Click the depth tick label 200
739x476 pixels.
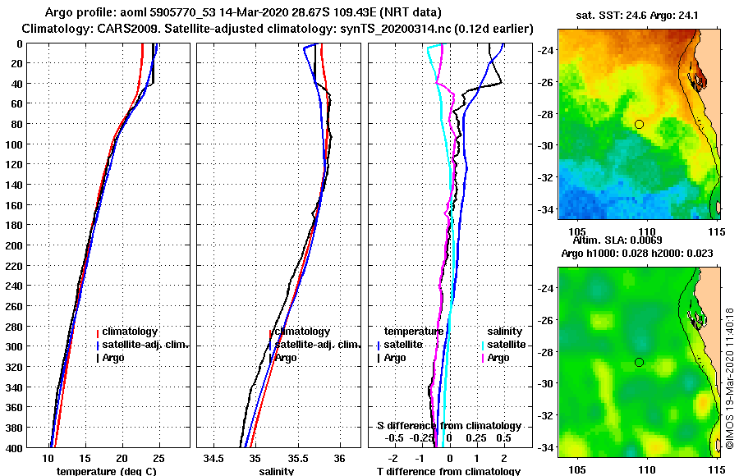coord(14,245)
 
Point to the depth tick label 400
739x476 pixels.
coord(14,447)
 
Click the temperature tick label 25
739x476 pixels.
coord(158,459)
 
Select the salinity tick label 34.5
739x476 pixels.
coord(214,459)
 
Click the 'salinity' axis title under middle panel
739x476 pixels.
coord(275,471)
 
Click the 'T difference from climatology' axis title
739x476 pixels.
coord(448,471)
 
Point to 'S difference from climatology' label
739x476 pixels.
coord(449,426)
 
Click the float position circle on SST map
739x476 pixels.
coord(639,124)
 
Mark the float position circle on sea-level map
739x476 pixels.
coord(639,362)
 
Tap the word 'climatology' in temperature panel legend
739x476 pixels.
coord(131,332)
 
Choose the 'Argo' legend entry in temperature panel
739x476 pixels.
coord(112,358)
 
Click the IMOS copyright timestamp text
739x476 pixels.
coord(729,379)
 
